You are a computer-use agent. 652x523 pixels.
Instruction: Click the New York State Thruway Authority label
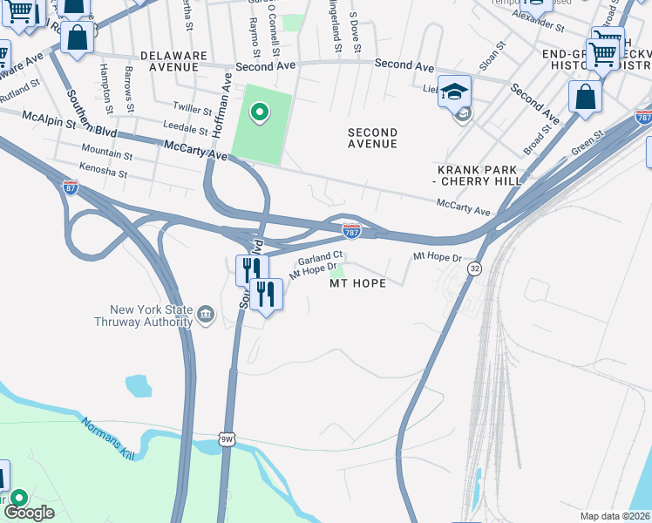click(151, 316)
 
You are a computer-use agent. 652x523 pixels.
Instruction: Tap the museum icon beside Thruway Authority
click(206, 313)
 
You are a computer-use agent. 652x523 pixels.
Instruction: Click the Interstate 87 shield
click(71, 187)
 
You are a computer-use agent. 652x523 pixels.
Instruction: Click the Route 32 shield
click(473, 270)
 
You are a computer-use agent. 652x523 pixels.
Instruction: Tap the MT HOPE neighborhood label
click(357, 283)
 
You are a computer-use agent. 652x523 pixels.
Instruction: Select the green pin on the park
click(259, 112)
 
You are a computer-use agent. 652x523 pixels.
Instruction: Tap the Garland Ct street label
click(319, 259)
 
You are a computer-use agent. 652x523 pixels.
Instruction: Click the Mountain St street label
click(106, 155)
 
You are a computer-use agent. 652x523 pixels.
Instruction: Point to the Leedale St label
click(185, 127)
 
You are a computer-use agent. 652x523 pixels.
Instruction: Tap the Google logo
click(29, 513)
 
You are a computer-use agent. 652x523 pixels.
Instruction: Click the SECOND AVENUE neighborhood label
click(372, 138)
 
